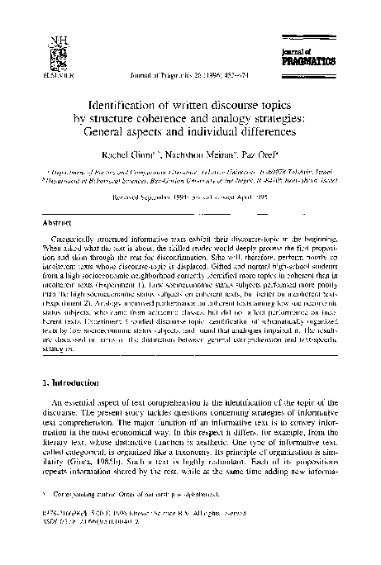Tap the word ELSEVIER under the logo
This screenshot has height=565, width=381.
point(55,73)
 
